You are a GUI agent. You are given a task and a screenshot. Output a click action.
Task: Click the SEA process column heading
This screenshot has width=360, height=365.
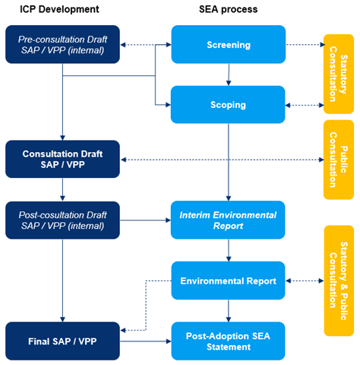[x=228, y=10]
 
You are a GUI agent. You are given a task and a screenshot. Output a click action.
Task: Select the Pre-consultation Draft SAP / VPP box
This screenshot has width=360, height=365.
[x=62, y=45]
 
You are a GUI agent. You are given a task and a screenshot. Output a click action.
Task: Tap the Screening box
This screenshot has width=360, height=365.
[x=228, y=45]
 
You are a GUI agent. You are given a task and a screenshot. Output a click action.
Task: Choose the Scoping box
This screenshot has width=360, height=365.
[x=228, y=104]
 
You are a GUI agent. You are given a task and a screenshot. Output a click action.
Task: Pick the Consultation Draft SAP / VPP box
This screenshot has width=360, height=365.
[x=62, y=159]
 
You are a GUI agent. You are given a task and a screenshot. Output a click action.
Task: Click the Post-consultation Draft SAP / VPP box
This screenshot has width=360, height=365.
[x=62, y=221]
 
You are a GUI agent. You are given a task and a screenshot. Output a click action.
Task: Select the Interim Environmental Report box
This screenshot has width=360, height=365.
[x=228, y=221]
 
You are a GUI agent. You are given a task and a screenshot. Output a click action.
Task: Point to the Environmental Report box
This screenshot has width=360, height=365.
[x=228, y=281]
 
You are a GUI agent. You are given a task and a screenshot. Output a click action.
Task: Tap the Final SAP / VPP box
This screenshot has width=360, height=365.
[x=62, y=341]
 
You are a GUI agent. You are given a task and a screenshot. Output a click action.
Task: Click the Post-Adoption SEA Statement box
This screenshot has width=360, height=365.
[x=228, y=341]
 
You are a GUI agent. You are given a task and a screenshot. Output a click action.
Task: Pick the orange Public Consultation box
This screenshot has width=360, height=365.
[x=338, y=159]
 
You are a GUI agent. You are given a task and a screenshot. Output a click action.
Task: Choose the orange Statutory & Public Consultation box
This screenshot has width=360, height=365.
[x=338, y=281]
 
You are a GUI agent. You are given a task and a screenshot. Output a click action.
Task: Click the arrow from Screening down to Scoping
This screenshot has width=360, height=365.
[x=228, y=75]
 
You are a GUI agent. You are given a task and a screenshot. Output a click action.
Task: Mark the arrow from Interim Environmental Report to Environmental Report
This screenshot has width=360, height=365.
[x=228, y=250]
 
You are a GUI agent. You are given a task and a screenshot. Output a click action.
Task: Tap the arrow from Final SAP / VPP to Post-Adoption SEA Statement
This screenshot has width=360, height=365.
[x=145, y=341]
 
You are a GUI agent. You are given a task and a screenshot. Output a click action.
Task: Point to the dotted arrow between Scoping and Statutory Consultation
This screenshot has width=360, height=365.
[x=304, y=104]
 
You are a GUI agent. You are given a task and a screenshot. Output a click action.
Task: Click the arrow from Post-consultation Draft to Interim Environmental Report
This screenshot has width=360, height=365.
[x=145, y=221]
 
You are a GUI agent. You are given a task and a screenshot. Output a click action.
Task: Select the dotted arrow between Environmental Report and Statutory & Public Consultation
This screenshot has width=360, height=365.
[x=305, y=281]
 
